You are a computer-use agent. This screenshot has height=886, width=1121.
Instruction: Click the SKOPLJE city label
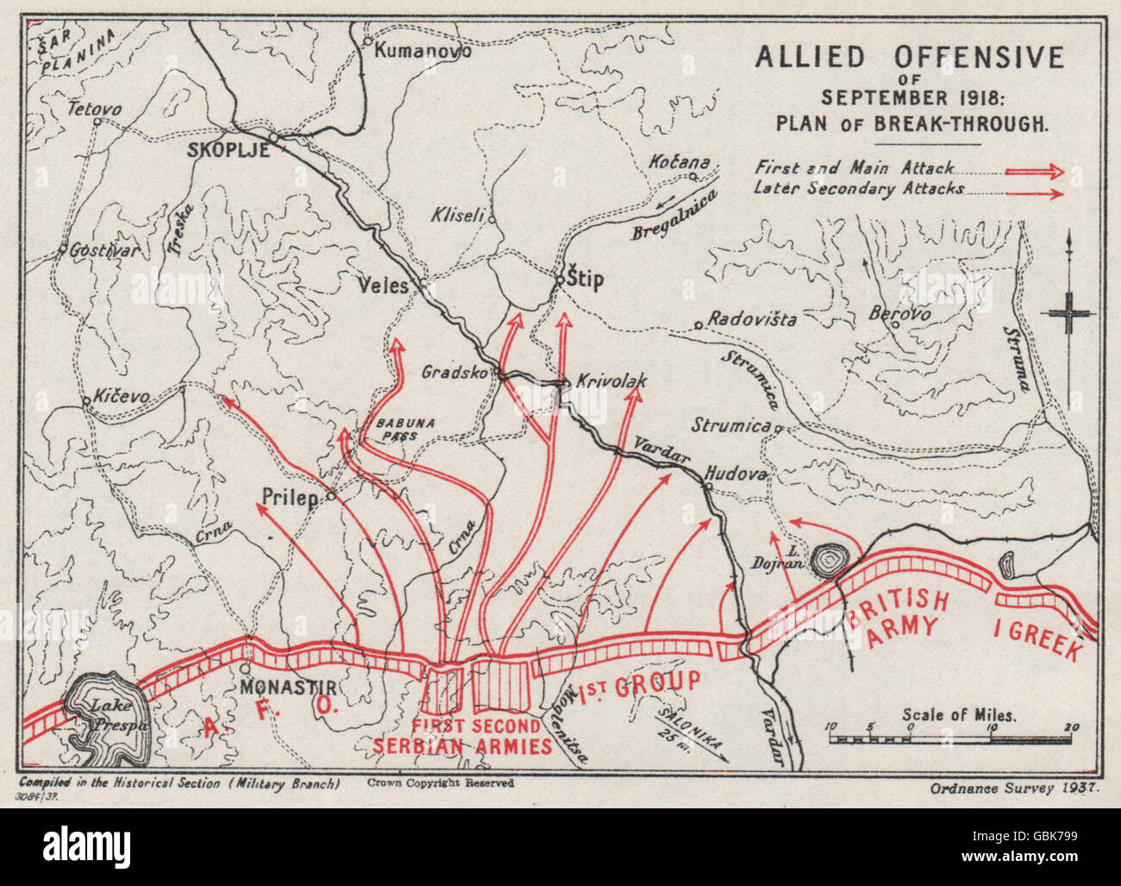229,150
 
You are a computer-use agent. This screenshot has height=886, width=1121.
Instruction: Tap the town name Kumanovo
423,50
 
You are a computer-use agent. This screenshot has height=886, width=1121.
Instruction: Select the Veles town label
384,285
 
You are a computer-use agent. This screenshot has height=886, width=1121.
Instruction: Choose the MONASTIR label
286,688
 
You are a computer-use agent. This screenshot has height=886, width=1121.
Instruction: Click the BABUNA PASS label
397,429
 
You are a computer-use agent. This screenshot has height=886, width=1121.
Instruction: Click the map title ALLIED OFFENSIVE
910,57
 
